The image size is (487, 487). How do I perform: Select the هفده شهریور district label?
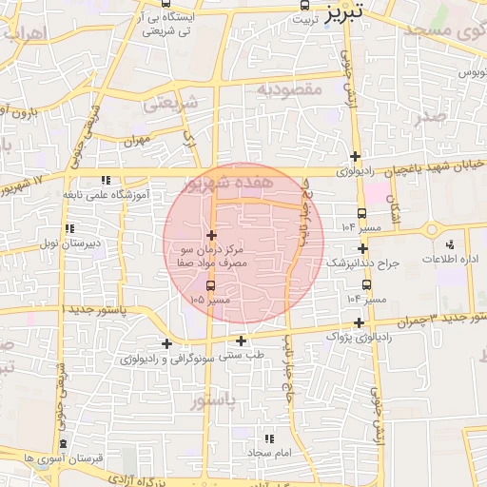pos(243,181)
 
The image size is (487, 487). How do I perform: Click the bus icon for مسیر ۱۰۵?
pos(210,285)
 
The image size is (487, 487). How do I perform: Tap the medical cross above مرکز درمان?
pos(210,235)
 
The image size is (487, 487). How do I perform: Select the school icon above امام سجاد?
pos(269,438)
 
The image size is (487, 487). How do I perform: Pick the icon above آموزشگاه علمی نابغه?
pos(106,179)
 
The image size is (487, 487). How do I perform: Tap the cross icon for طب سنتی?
pos(242,341)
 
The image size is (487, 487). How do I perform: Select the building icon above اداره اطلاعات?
pos(453,242)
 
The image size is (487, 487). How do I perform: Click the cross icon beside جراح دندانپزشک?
pos(362,248)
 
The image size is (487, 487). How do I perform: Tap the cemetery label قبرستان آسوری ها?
pos(63,458)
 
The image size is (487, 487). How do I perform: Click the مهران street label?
pos(137,141)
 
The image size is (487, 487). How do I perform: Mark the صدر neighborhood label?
pos(431,117)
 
